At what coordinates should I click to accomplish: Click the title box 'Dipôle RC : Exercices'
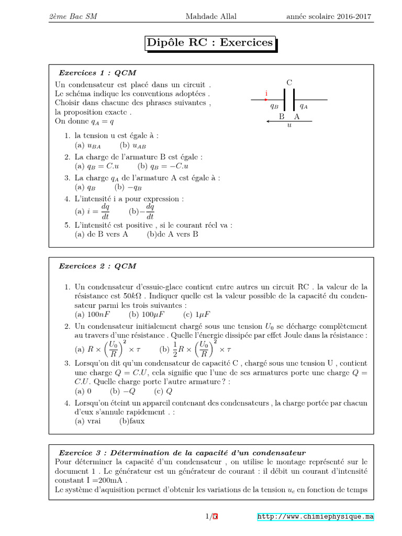pos(209,42)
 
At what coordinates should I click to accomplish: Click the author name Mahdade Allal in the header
pos(211,16)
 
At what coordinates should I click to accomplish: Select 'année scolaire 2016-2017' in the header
pos(329,16)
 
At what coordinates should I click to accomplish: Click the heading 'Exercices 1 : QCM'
pos(97,73)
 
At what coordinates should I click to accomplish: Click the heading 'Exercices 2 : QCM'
pos(97,266)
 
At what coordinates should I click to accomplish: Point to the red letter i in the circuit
pos(266,94)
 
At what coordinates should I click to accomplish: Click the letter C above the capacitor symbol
pos(289,82)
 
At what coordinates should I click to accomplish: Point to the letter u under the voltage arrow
pos(289,126)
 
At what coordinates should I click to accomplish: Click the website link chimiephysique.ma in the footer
pos(316,517)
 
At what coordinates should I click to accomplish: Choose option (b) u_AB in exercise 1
pos(132,145)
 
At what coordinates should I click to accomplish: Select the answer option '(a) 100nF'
pos(92,314)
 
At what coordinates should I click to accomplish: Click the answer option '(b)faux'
pos(132,421)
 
